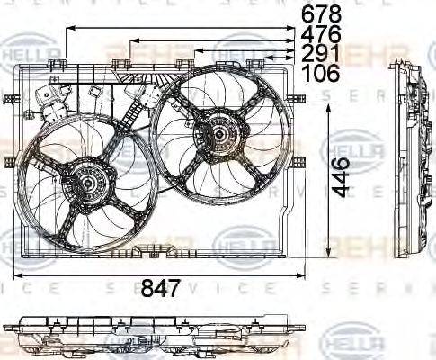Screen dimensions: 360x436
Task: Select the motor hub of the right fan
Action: (x=218, y=135)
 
